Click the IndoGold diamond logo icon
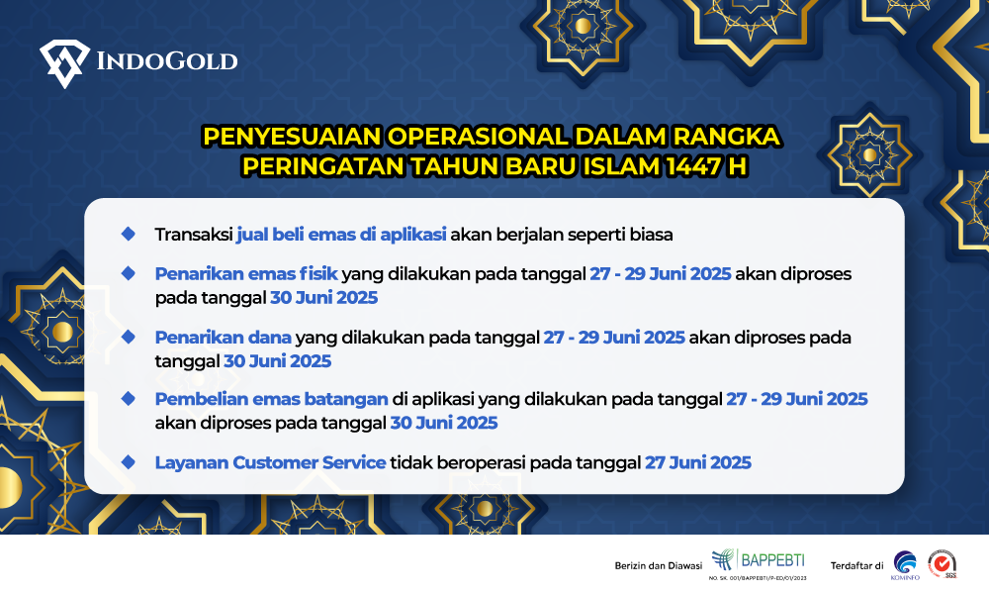pyautogui.click(x=64, y=63)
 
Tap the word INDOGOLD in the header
pyautogui.click(x=167, y=61)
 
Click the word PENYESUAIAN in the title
pyautogui.click(x=292, y=137)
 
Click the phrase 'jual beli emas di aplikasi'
pyautogui.click(x=341, y=235)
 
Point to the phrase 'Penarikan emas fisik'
pyautogui.click(x=246, y=274)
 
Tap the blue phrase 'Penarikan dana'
pyautogui.click(x=224, y=337)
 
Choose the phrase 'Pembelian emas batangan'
pyautogui.click(x=272, y=399)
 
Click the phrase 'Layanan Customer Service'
pyautogui.click(x=271, y=462)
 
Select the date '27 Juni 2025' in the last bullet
pyautogui.click(x=698, y=462)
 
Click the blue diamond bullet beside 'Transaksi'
pyautogui.click(x=129, y=235)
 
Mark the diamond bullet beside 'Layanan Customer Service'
pyautogui.click(x=129, y=462)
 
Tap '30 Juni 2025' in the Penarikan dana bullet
pyautogui.click(x=278, y=361)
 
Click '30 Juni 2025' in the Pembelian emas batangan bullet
pyautogui.click(x=444, y=423)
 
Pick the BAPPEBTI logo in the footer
pyautogui.click(x=759, y=563)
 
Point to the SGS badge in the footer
pyautogui.click(x=943, y=563)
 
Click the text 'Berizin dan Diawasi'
pyautogui.click(x=659, y=565)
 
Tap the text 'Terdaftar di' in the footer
pyautogui.click(x=856, y=565)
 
